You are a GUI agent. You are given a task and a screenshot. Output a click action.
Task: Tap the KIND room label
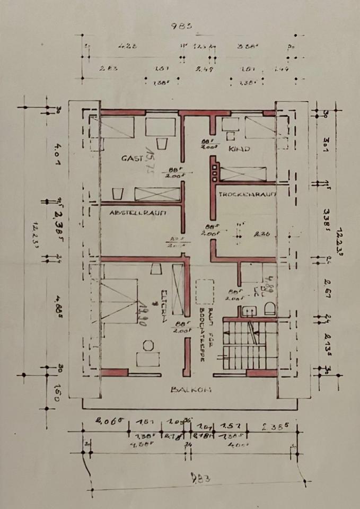click(239, 149)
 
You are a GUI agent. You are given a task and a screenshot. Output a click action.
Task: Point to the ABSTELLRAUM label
click(138, 213)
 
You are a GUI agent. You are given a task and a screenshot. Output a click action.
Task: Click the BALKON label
click(191, 389)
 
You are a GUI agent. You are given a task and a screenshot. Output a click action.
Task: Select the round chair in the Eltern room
click(148, 345)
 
